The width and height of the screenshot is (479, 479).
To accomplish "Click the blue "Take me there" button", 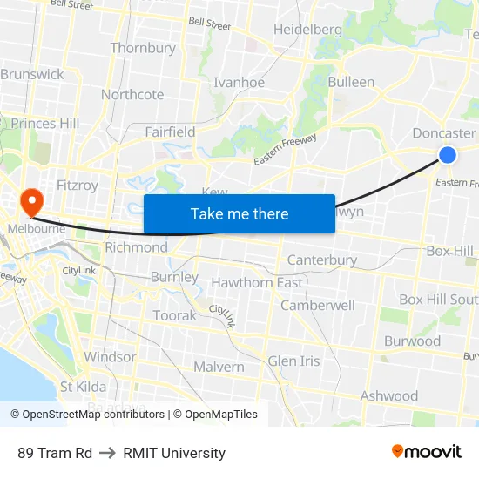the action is coord(239,213).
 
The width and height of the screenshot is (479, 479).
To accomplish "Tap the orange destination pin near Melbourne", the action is coord(31,202).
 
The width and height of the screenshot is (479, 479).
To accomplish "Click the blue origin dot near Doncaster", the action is coord(447,155).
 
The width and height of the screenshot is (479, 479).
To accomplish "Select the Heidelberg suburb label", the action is coord(307,30).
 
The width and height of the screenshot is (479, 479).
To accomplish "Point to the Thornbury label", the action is coord(143,48).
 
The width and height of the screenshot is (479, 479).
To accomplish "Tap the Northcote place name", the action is coord(132,94).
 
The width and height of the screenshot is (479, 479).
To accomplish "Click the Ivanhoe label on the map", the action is coord(239,83).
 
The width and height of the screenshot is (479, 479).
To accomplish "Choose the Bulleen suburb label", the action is coord(351,82).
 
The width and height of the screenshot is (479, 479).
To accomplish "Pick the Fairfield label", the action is coord(170,132).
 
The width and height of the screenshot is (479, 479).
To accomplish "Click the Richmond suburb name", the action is coord(136,247).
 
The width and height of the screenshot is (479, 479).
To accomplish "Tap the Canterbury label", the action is coord(322,260).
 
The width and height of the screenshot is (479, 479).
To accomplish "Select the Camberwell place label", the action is coord(317,306).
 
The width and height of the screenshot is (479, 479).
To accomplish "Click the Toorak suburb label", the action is coord(174,315).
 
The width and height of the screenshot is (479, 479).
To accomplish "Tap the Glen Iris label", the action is coord(293,361).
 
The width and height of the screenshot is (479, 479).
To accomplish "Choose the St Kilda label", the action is coord(83,387).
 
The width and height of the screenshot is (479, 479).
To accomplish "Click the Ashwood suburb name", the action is coord(388,395).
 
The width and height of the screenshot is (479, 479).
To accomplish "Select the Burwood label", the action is coord(412,341).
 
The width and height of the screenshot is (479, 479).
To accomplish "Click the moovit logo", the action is coord(427,451).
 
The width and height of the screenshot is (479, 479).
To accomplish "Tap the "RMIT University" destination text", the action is coord(174,453).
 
